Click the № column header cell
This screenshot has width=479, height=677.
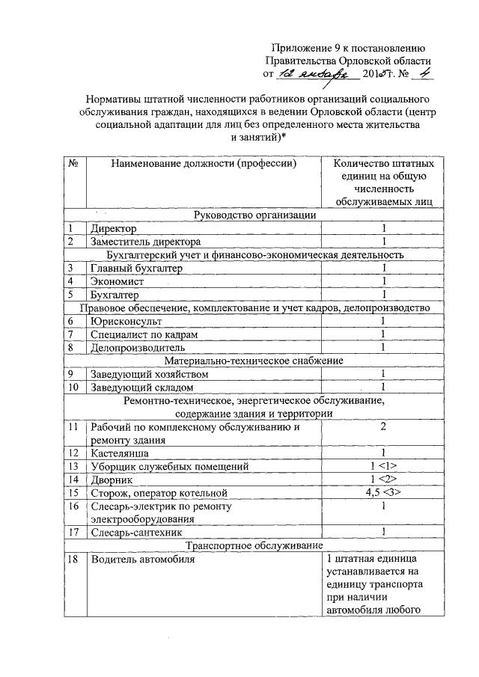click(x=74, y=162)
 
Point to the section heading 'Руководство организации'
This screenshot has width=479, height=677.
click(x=254, y=215)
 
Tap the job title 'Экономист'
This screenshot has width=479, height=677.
click(x=118, y=281)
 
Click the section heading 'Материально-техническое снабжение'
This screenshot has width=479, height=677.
click(x=254, y=360)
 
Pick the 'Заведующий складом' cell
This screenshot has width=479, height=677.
click(x=142, y=387)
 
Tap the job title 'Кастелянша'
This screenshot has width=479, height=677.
click(x=120, y=453)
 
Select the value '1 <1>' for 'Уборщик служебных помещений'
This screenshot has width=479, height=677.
click(x=382, y=466)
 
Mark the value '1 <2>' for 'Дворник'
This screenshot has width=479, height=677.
click(x=382, y=479)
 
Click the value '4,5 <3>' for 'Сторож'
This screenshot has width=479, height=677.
click(x=382, y=492)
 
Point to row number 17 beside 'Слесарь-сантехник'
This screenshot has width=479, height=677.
click(x=74, y=532)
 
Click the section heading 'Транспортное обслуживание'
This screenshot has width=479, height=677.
click(x=254, y=545)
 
